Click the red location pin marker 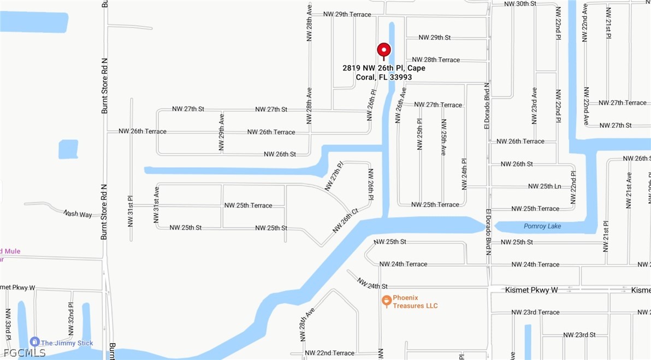[x=384, y=50]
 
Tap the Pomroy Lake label [x=542, y=226]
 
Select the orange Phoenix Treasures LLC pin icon [x=386, y=300]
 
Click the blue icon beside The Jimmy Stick [x=34, y=342]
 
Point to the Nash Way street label [x=78, y=214]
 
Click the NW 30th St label [x=520, y=4]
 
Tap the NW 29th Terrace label [x=347, y=14]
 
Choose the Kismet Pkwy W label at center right [x=531, y=290]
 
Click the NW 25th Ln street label [x=545, y=186]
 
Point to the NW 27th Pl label [x=334, y=176]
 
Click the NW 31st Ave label [x=156, y=205]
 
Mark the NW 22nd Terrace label [x=329, y=353]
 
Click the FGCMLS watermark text [x=24, y=353]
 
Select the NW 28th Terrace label [x=436, y=60]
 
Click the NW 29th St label [x=435, y=38]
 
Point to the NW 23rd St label [x=579, y=334]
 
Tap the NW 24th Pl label [x=464, y=174]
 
